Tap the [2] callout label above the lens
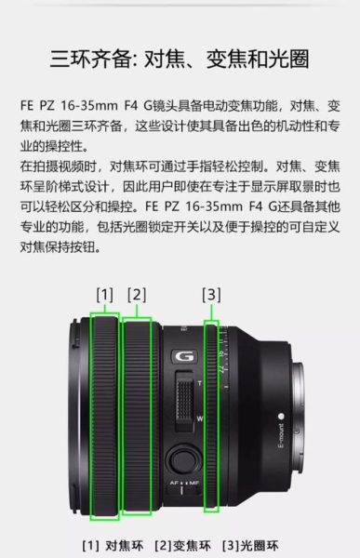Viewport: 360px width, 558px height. pos(137,295)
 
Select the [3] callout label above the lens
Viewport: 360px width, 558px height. pos(211,295)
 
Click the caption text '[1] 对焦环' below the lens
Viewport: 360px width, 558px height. pos(111,545)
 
